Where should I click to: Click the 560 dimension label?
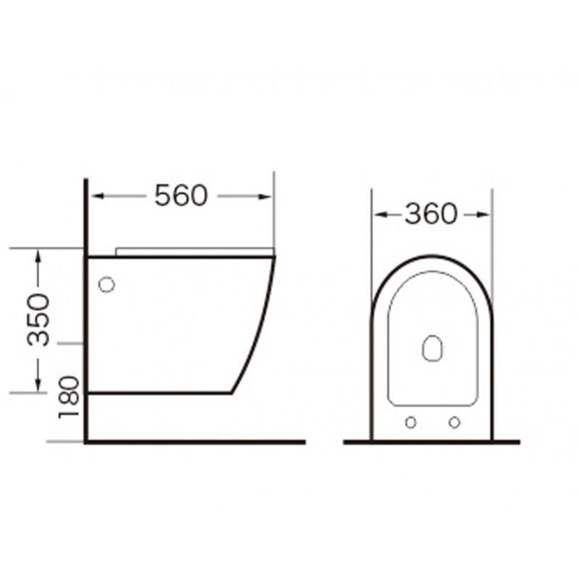181,195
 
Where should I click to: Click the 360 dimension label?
431,214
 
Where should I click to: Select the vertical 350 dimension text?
38,320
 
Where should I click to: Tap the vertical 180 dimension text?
69,397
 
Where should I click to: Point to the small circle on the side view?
107,284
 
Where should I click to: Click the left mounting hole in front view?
410,422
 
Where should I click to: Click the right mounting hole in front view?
455,422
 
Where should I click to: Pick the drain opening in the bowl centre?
432,349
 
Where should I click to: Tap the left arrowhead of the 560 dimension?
97,196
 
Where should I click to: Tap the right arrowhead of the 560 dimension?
265,196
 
